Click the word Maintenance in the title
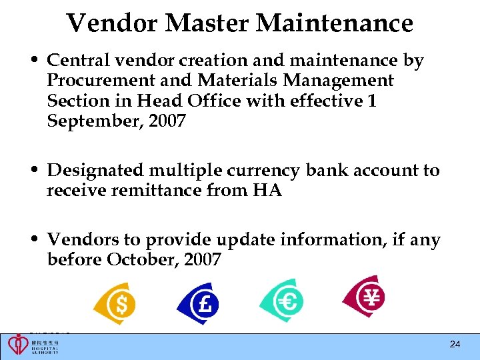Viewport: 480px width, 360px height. coord(335,23)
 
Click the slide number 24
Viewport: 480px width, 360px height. coord(455,344)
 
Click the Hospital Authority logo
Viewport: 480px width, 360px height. coord(33,345)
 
